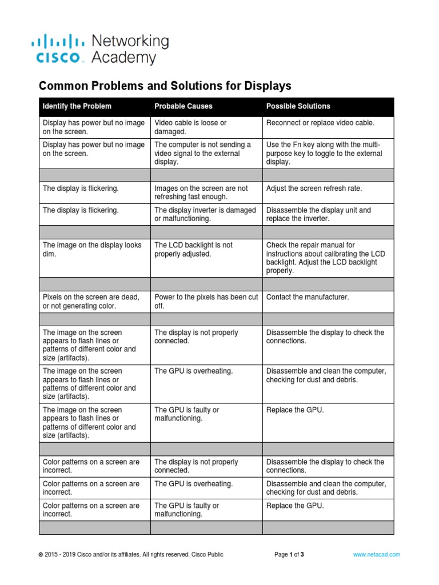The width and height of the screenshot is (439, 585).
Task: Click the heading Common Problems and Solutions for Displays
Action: click(x=165, y=86)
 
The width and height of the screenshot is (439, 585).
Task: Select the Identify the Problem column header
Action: click(x=77, y=106)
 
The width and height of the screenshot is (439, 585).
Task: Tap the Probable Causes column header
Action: click(x=183, y=106)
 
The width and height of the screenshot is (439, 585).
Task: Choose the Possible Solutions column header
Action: click(x=298, y=106)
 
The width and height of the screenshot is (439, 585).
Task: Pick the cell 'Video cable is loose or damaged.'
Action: click(x=190, y=127)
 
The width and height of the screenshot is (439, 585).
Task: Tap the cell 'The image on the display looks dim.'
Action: click(x=92, y=249)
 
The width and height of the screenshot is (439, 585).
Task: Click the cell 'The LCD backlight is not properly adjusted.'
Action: click(x=193, y=249)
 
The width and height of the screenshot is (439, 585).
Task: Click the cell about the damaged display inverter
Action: click(x=205, y=214)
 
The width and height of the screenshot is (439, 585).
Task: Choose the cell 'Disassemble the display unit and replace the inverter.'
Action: click(x=318, y=214)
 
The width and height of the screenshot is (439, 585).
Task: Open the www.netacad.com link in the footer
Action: click(x=376, y=554)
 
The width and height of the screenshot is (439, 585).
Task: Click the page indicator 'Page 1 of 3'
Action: click(x=289, y=554)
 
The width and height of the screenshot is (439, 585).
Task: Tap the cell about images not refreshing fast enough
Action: click(x=201, y=193)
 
